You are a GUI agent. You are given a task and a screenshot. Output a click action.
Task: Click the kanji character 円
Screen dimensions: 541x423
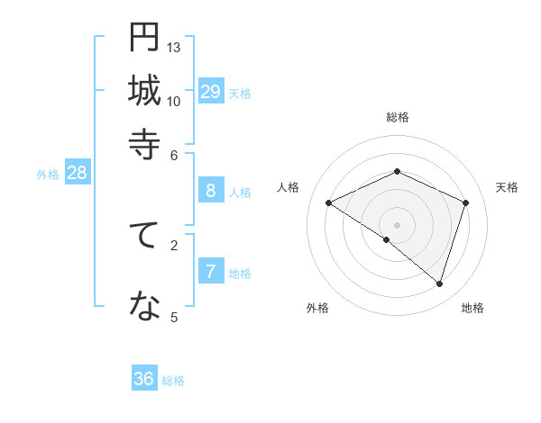(144, 38)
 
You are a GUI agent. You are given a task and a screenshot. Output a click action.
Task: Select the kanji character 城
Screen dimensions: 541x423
(144, 90)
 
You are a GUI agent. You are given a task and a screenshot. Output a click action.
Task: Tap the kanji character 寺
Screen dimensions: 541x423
(144, 142)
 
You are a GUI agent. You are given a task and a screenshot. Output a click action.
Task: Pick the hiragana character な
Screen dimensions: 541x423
(144, 307)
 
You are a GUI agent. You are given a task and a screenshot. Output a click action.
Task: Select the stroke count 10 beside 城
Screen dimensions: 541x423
(174, 100)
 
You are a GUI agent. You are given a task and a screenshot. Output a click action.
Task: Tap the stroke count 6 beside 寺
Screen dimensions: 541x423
(174, 154)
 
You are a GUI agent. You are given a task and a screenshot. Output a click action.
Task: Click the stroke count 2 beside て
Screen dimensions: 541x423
(174, 244)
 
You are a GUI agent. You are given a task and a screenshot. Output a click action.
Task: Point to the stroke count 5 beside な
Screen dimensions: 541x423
(174, 316)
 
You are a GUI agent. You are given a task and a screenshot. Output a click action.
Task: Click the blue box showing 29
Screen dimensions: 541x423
(211, 92)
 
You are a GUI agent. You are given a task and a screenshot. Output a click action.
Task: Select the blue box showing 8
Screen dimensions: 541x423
(211, 190)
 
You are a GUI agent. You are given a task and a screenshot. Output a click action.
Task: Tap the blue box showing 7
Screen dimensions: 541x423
(211, 272)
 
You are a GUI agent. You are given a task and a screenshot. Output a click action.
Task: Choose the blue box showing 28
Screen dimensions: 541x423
(77, 173)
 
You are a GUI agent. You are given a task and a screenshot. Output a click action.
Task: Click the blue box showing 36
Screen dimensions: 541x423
(144, 379)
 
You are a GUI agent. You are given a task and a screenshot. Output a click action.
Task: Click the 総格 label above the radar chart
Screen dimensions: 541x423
(398, 117)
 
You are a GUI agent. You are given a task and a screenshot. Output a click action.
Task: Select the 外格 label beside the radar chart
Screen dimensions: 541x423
(317, 308)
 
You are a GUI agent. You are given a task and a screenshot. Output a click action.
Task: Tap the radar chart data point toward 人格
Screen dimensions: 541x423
(329, 203)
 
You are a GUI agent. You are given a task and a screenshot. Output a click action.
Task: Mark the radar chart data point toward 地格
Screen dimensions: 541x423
(440, 284)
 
